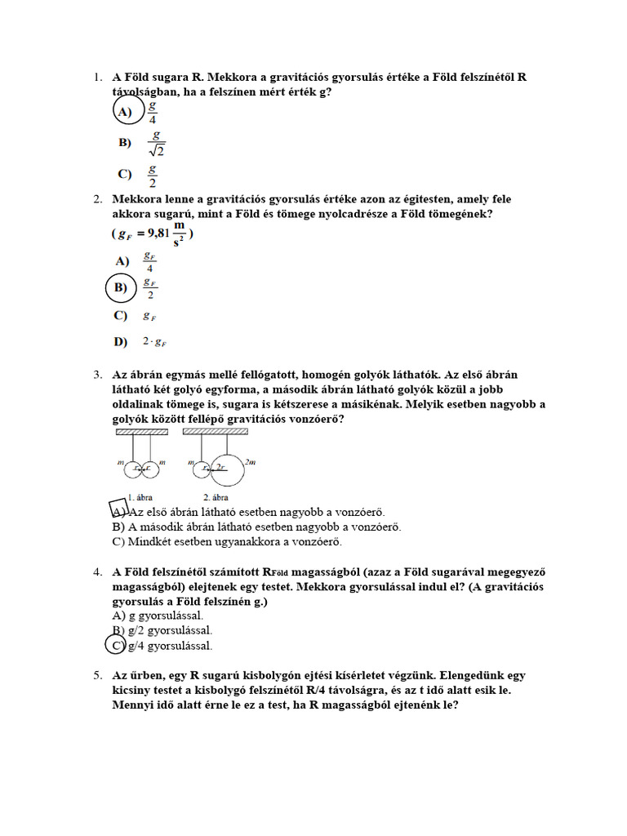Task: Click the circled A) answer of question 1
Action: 125,111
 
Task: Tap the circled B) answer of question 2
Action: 121,287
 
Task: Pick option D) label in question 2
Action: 121,341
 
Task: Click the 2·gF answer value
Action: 154,341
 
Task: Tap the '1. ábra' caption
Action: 140,496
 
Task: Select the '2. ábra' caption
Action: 216,496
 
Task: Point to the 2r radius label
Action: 220,466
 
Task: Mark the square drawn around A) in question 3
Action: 119,510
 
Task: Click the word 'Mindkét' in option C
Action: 150,541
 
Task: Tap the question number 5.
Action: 96,675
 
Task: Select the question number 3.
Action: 96,375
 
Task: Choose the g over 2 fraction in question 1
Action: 152,174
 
